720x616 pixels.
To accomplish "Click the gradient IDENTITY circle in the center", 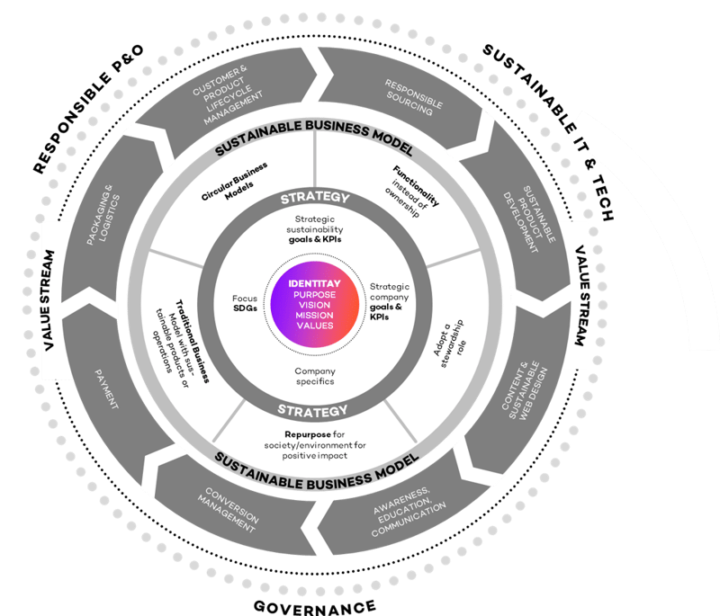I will tap(310, 306).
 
